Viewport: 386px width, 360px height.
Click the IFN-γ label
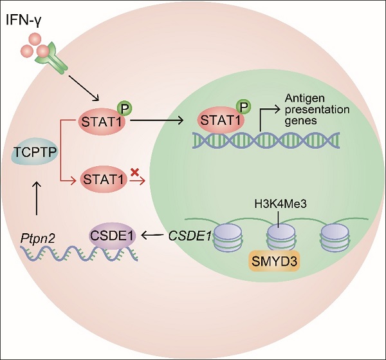point(24,21)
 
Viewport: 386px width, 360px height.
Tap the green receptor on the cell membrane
point(52,58)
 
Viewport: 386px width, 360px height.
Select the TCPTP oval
point(35,152)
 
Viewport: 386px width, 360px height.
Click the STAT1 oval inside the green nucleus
point(220,120)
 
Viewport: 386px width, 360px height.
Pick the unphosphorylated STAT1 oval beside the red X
point(104,179)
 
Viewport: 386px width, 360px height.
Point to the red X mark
point(134,172)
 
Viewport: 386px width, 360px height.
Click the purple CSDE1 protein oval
point(112,236)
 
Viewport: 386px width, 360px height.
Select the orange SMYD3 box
point(275,261)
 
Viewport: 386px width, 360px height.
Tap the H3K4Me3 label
point(280,204)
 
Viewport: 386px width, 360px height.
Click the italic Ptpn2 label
point(37,239)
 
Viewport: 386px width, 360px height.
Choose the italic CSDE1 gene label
point(190,236)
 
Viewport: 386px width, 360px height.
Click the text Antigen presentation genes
point(317,109)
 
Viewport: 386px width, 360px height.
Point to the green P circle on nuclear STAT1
point(243,107)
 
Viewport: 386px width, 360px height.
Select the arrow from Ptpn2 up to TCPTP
point(37,198)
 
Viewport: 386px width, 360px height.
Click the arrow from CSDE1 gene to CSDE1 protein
point(153,235)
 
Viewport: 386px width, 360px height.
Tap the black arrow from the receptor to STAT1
point(84,88)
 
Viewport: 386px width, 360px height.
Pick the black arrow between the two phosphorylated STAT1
point(156,120)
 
